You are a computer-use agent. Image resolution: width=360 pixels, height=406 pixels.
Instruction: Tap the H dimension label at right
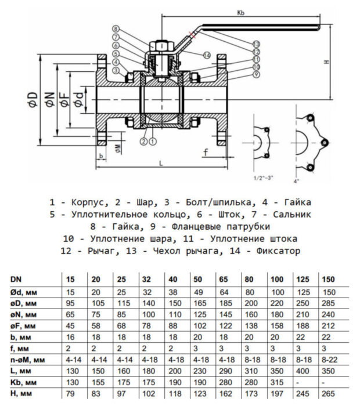[x=326, y=62]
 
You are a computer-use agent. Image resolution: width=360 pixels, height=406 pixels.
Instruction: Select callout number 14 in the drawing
[x=206, y=55]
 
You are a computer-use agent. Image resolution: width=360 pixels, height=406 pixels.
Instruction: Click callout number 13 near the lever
[x=256, y=44]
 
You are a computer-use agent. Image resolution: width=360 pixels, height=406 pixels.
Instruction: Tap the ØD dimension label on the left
[x=33, y=100]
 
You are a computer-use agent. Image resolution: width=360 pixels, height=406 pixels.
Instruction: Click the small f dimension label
[x=205, y=153]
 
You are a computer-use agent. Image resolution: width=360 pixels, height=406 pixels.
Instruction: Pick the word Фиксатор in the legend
[x=280, y=251]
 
